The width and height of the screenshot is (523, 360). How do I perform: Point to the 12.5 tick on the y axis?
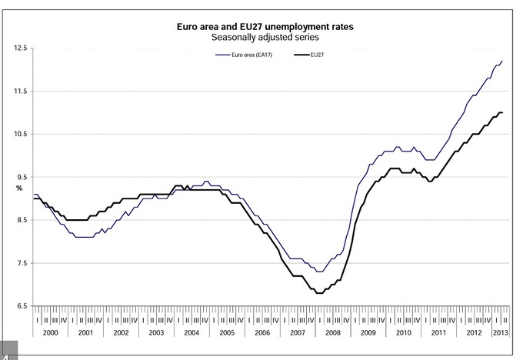21,48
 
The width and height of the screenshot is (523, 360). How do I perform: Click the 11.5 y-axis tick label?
21,92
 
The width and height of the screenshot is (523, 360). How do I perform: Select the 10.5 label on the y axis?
21,135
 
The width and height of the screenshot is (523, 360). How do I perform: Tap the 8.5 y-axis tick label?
21,221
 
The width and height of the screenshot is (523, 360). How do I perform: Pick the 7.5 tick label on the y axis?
21,264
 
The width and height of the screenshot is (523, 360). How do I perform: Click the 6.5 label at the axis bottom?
21,307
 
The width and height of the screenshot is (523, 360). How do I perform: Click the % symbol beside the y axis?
21,188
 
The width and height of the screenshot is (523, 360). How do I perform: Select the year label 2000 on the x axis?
50,332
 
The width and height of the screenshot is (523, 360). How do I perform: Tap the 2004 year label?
192,332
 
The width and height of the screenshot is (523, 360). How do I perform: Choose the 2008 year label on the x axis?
332,332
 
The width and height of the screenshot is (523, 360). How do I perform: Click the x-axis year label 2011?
438,332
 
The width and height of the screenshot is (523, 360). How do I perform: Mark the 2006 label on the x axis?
262,332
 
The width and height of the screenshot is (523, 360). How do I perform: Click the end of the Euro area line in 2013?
502,61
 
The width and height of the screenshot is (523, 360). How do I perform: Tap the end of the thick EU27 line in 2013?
502,113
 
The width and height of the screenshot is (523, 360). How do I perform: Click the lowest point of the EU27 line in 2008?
319,293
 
